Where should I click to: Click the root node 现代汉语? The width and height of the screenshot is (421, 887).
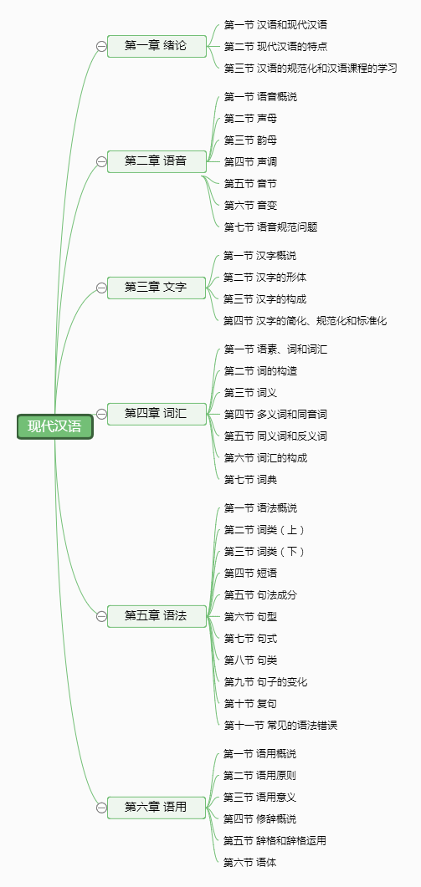tap(55, 426)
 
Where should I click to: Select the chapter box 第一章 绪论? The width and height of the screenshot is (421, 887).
tap(157, 46)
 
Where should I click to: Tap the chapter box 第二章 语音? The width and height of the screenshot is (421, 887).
tap(157, 162)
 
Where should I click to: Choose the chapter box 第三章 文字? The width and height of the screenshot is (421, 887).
tap(157, 288)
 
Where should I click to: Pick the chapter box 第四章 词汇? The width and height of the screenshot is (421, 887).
tap(157, 414)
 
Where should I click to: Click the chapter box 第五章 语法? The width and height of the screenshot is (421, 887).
tap(157, 616)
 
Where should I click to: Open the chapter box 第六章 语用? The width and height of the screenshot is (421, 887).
tap(157, 808)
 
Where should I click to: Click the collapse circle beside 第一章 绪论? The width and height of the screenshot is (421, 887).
tap(101, 46)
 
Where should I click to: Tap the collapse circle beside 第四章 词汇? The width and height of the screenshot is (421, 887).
tap(101, 414)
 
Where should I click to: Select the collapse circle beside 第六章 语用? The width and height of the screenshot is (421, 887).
tap(101, 808)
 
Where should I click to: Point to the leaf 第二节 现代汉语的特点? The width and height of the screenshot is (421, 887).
tap(275, 46)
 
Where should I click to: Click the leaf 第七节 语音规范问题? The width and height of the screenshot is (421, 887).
tap(270, 227)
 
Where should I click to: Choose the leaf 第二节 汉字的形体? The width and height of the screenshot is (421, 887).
tap(264, 278)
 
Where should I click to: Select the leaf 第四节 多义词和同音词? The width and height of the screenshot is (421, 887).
tap(275, 415)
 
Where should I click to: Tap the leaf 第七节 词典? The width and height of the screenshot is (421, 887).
tap(250, 480)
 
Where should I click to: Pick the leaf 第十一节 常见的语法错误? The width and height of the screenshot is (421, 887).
tap(280, 725)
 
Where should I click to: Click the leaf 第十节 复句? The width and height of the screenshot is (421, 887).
tap(250, 704)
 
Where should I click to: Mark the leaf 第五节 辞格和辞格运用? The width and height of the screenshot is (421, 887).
tap(275, 841)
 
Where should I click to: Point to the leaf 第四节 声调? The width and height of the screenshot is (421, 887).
tap(250, 162)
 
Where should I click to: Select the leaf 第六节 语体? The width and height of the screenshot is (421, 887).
tap(249, 863)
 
